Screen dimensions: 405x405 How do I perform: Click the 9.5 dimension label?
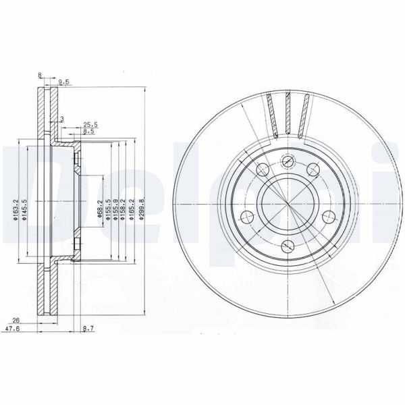tap(65, 82)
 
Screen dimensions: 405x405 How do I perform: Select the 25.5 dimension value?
tap(90, 124)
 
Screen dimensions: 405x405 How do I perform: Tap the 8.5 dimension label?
tap(88, 131)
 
